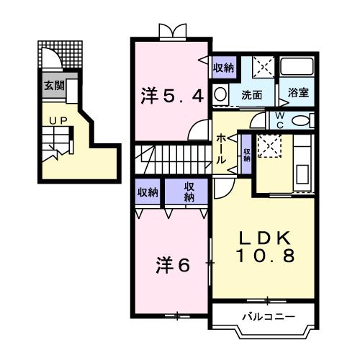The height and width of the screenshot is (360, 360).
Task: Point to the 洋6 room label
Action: [x=174, y=265]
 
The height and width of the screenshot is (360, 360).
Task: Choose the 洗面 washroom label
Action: [x=251, y=94]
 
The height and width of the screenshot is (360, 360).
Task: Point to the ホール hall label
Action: [x=222, y=147]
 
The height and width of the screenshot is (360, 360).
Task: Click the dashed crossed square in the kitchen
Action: [x=271, y=147]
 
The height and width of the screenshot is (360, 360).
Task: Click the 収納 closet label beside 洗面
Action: [x=223, y=68]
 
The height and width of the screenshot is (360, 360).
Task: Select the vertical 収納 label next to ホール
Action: [x=246, y=153]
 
